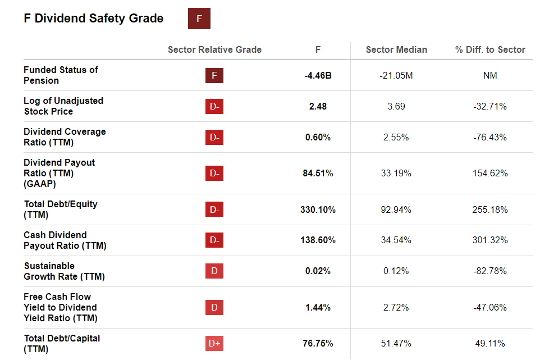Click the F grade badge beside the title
pos(199,19)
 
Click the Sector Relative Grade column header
pos(214,49)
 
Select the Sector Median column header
pos(396,49)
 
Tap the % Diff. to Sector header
pos(490,49)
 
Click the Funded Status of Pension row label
pos(61,75)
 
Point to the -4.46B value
pos(318,75)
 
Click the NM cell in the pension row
pos(490,75)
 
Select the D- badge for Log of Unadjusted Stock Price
pos(214,106)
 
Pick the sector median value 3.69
pos(396,106)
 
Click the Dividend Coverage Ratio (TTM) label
pos(65,137)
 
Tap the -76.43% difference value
pos(490,137)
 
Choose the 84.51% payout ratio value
pos(318,173)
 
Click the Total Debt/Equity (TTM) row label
pos(61,209)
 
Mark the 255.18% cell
pos(490,209)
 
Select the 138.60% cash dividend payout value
pos(318,240)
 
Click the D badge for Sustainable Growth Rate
pos(214,271)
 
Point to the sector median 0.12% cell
pos(396,271)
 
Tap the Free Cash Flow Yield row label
pos(60,307)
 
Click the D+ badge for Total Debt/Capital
pos(214,343)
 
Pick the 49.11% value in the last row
pos(490,343)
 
